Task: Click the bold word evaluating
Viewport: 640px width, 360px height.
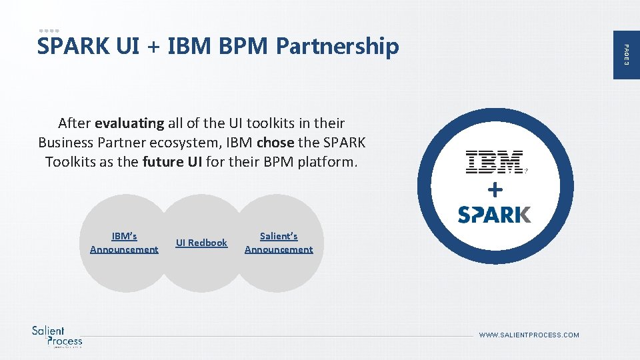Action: pyautogui.click(x=129, y=123)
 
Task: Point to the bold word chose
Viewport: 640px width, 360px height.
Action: pyautogui.click(x=275, y=143)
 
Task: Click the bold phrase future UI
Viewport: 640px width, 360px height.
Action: pyautogui.click(x=173, y=162)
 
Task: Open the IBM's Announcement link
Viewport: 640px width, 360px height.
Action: pyautogui.click(x=124, y=243)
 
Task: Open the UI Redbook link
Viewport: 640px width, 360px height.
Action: pyautogui.click(x=201, y=243)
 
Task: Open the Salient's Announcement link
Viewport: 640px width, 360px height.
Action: pyautogui.click(x=279, y=243)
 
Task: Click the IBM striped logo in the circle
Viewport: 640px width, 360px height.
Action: pyautogui.click(x=494, y=163)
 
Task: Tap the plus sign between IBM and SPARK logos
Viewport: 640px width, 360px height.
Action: pyautogui.click(x=495, y=191)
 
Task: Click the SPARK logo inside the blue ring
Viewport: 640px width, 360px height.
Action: pyautogui.click(x=494, y=214)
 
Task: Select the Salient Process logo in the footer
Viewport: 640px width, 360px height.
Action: pyautogui.click(x=57, y=336)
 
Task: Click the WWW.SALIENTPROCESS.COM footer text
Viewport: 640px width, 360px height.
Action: pyautogui.click(x=529, y=335)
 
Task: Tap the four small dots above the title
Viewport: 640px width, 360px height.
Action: pyautogui.click(x=49, y=31)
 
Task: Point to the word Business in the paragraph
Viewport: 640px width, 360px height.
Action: pyautogui.click(x=65, y=143)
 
